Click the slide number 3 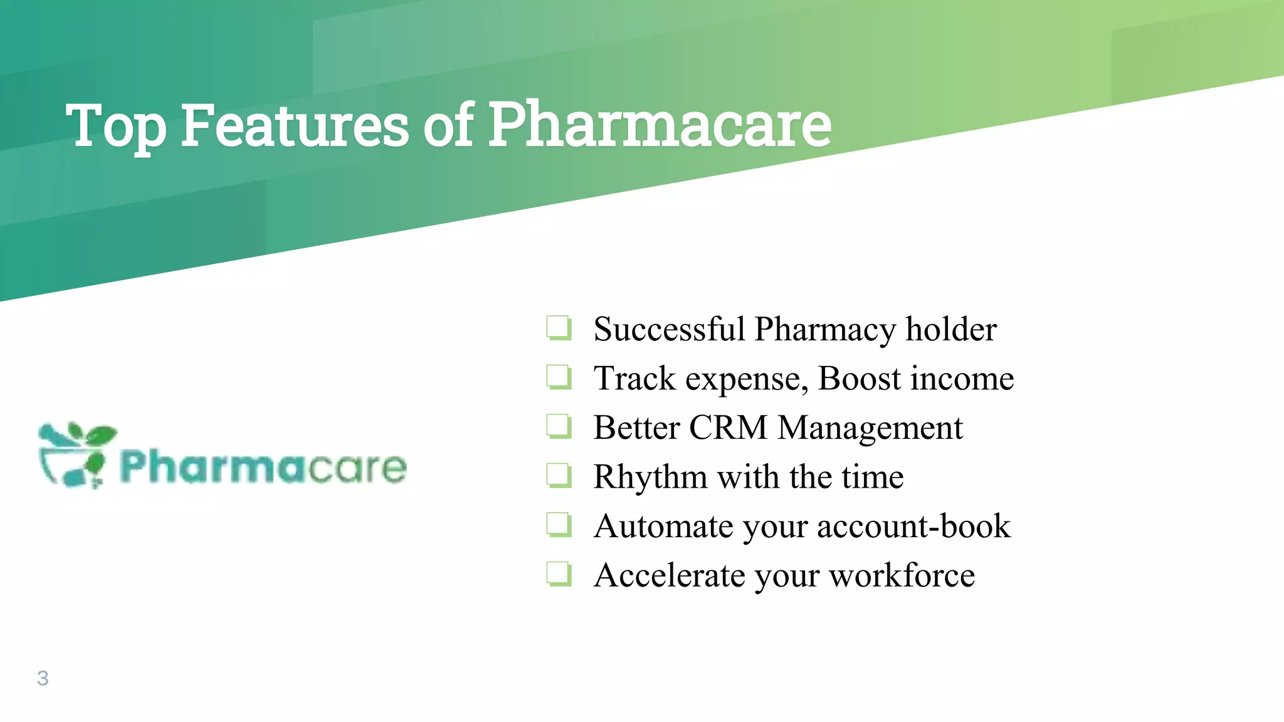[43, 678]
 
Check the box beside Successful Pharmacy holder [558, 328]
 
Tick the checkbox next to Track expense [558, 377]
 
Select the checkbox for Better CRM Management [558, 427]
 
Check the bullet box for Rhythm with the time [558, 476]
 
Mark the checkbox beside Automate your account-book [558, 525]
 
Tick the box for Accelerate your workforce [558, 574]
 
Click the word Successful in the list [668, 329]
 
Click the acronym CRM [728, 428]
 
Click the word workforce [902, 575]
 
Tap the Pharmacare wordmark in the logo [263, 468]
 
